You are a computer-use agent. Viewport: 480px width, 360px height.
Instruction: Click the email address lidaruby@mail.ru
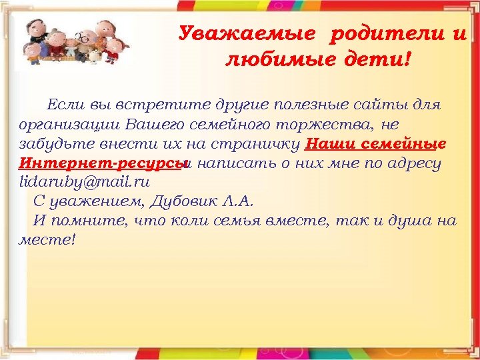(x=85, y=181)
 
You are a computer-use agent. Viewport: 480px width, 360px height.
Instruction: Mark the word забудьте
(x=50, y=144)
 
